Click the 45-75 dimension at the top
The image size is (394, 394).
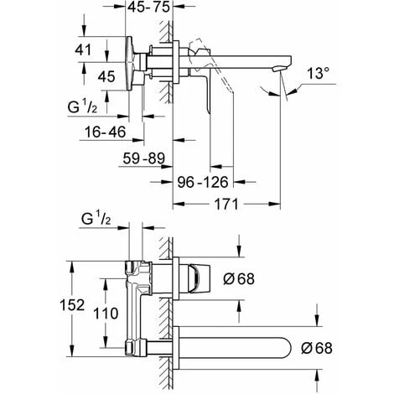148,7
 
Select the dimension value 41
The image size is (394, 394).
83,50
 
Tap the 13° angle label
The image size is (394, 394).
318,73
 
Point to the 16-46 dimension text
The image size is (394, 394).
106,132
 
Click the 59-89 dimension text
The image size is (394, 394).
144,158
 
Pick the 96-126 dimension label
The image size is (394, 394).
203,182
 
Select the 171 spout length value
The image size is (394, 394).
226,204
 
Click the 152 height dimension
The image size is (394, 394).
72,305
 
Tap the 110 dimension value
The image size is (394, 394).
106,314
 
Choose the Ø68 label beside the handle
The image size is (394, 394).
239,279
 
